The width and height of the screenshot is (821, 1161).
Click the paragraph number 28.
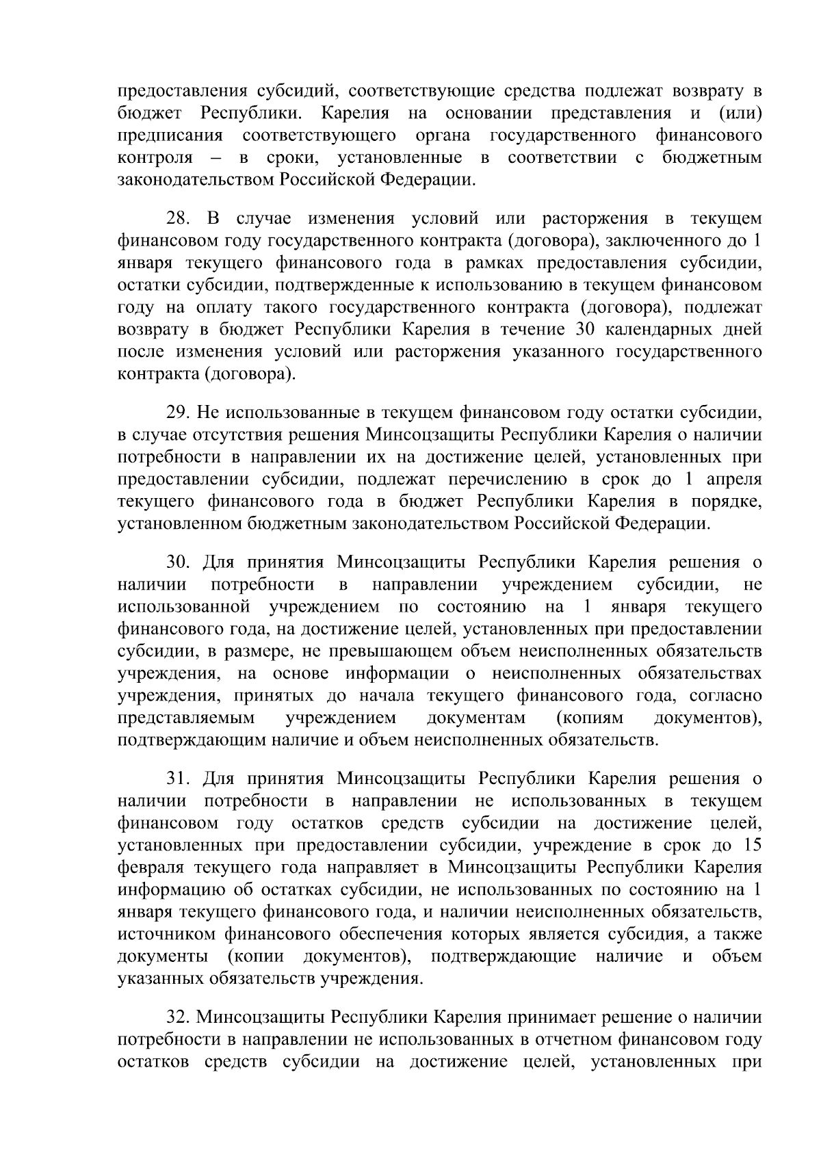coord(179,219)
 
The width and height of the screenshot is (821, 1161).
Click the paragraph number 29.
coord(179,413)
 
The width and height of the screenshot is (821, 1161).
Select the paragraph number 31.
coord(179,779)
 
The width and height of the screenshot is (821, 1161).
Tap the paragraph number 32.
coord(179,1018)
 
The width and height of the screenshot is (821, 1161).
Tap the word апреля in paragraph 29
coord(733,479)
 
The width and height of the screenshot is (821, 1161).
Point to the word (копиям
coord(590,718)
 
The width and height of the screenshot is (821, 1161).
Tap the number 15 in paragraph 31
coord(751,845)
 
